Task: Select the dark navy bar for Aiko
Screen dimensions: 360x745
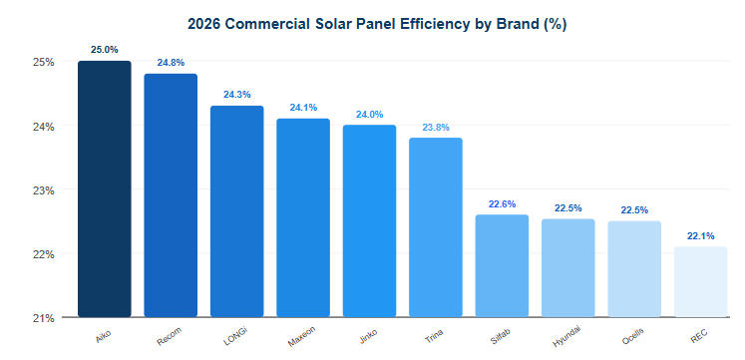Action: coord(104,189)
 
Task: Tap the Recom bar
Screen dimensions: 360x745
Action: coord(171,195)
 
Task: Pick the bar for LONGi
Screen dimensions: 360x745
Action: coord(236,211)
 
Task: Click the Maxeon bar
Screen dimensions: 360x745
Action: coord(303,217)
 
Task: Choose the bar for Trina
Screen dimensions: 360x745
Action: coord(436,227)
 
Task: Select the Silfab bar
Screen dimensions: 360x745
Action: coord(502,265)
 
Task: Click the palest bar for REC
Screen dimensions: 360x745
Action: coord(701,281)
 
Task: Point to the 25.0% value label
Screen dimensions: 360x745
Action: coord(104,49)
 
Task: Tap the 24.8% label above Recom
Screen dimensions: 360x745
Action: coord(171,62)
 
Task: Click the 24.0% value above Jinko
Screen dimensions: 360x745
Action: coord(369,113)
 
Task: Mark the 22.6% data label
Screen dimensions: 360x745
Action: coord(502,203)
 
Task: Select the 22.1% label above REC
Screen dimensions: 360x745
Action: coord(701,235)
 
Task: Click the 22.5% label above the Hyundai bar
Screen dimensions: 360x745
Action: coord(568,207)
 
